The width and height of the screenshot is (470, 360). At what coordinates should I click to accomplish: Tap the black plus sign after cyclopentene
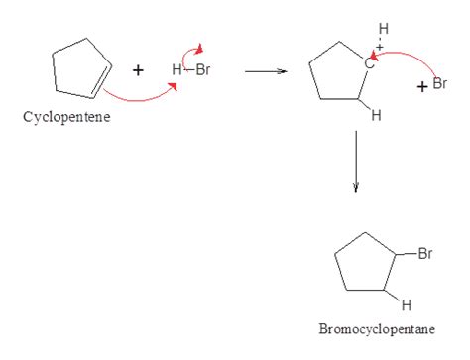pos(138,70)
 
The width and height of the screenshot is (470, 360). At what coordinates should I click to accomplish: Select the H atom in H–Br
pos(176,71)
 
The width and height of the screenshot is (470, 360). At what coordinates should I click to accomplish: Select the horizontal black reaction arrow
pos(265,71)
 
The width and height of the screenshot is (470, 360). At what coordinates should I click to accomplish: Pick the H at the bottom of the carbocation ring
pos(376,116)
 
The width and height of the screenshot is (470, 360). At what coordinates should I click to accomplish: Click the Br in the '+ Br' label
pos(439,84)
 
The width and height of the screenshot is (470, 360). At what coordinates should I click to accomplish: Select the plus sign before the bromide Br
pos(422,87)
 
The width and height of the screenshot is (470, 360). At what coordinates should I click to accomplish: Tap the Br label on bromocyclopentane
pos(424,255)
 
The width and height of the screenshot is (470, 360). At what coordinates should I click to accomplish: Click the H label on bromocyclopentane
pos(406,303)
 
